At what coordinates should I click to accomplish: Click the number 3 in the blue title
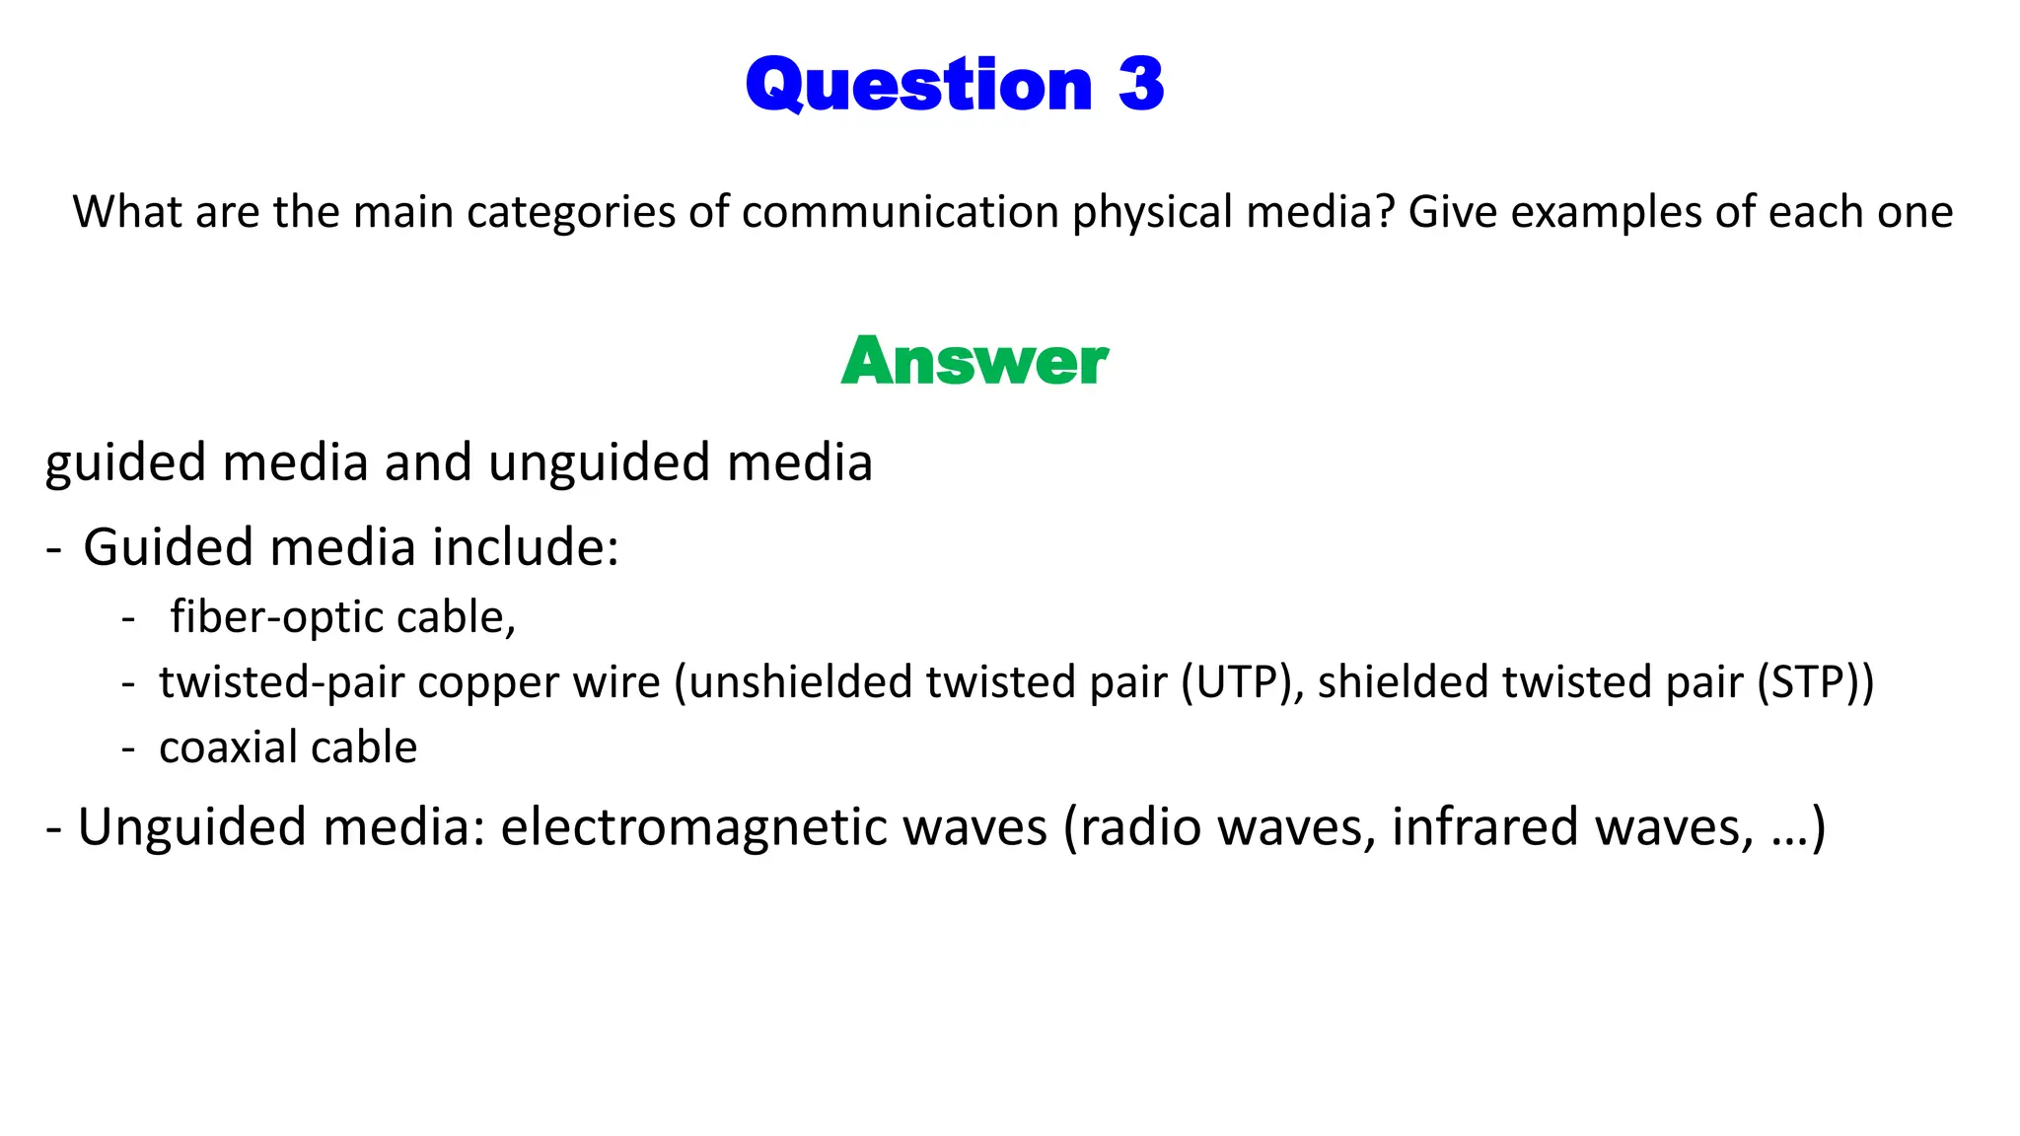click(x=1141, y=85)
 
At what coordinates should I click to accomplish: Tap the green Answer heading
click(x=974, y=361)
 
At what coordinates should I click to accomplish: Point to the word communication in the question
click(x=901, y=213)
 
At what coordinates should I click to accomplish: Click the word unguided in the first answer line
click(x=599, y=463)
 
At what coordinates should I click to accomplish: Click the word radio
click(x=1125, y=827)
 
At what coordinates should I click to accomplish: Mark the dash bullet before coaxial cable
click(x=128, y=748)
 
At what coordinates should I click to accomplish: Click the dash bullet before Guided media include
click(x=53, y=548)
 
